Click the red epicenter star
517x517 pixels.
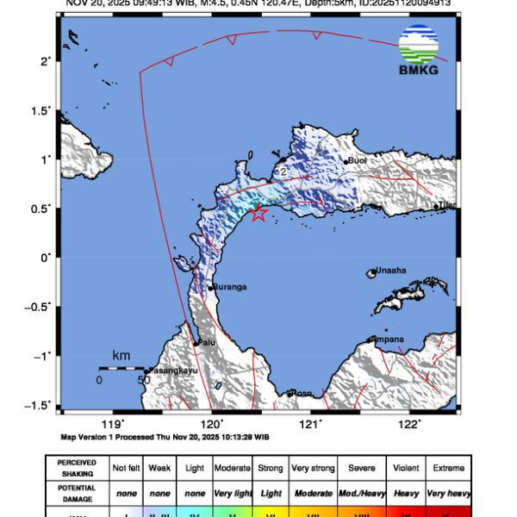258,214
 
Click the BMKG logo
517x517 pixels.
418,50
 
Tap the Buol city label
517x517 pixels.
358,160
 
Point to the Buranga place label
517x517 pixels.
230,287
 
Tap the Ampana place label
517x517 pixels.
388,339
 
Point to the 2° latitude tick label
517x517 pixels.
46,61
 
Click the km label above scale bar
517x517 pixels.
121,356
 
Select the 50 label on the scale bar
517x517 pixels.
144,379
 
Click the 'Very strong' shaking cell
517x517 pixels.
312,468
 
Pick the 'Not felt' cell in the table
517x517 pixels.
127,468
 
